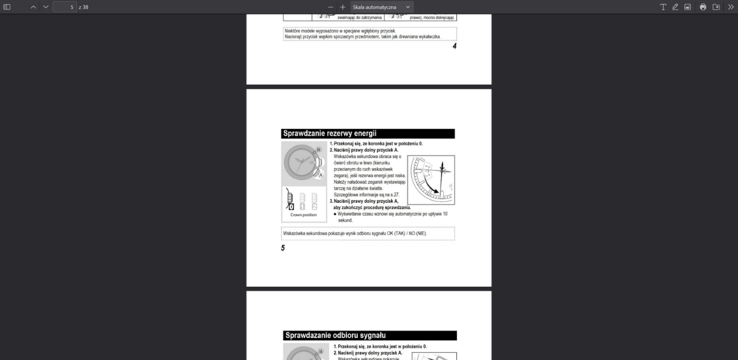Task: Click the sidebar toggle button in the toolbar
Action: click(7, 7)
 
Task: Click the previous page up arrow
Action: click(33, 7)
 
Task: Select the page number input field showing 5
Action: click(64, 7)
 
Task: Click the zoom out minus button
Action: click(331, 7)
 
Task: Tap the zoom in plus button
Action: click(343, 7)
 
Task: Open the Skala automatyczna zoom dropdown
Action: click(382, 7)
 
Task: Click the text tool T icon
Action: click(663, 7)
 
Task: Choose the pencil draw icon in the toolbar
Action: click(675, 7)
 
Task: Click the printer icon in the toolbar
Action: click(703, 7)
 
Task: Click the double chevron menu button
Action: click(731, 7)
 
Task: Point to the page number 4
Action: click(455, 46)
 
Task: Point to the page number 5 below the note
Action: click(283, 248)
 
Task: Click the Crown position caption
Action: click(303, 215)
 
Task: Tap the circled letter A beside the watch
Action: click(321, 176)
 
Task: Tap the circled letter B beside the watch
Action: click(319, 150)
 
